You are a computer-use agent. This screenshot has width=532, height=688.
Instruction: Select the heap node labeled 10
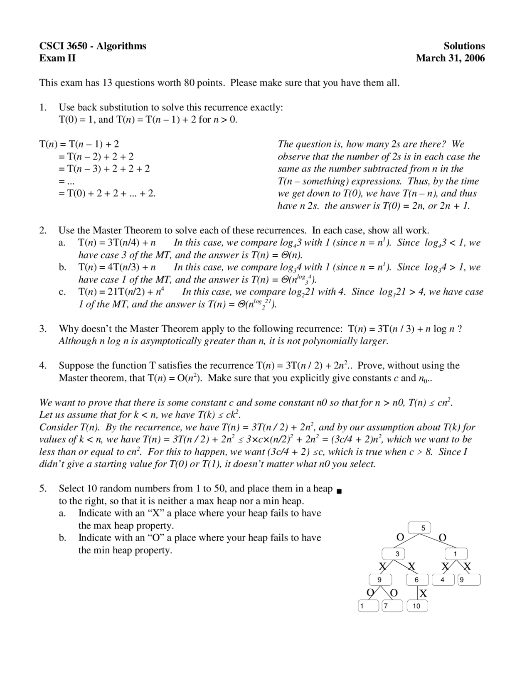tap(417, 606)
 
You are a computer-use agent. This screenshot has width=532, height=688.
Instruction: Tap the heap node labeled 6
tap(417, 580)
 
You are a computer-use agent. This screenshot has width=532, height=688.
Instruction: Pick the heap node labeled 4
tap(443, 580)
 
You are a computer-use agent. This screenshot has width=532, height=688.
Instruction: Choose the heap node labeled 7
tap(392, 606)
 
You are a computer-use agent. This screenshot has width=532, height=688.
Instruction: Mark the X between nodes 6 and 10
tap(423, 594)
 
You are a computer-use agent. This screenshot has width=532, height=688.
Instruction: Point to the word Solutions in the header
tap(464, 46)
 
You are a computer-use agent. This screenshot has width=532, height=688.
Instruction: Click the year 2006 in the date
tap(475, 58)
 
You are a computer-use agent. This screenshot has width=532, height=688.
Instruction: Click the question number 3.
tap(42, 329)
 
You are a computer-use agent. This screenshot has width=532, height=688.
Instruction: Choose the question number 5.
tap(42, 489)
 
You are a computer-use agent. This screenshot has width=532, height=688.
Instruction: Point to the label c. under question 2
tap(62, 292)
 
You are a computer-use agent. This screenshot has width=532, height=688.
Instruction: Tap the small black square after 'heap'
tap(339, 491)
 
